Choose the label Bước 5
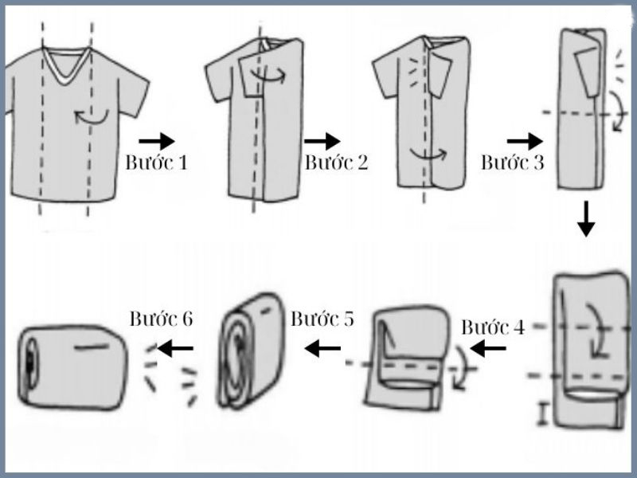(322, 319)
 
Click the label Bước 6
(161, 319)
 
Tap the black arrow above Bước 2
(322, 141)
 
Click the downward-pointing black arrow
(585, 219)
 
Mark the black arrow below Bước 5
(322, 347)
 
